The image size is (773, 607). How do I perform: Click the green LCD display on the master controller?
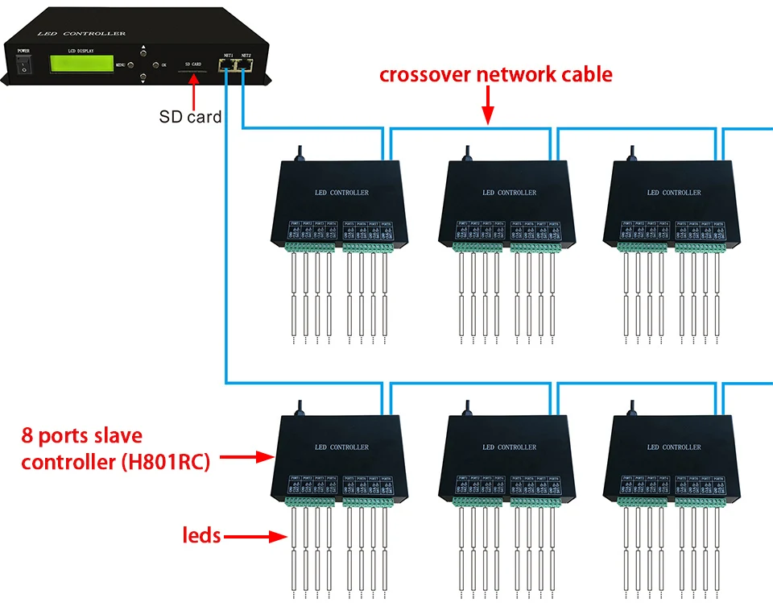point(81,63)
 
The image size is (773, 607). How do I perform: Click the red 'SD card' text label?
point(190,117)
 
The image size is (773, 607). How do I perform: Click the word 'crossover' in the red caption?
point(425,75)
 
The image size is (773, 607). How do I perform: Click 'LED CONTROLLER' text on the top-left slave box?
point(341,193)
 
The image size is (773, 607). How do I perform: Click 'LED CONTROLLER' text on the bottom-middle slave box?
point(509,447)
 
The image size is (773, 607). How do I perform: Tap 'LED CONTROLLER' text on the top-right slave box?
point(674,193)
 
